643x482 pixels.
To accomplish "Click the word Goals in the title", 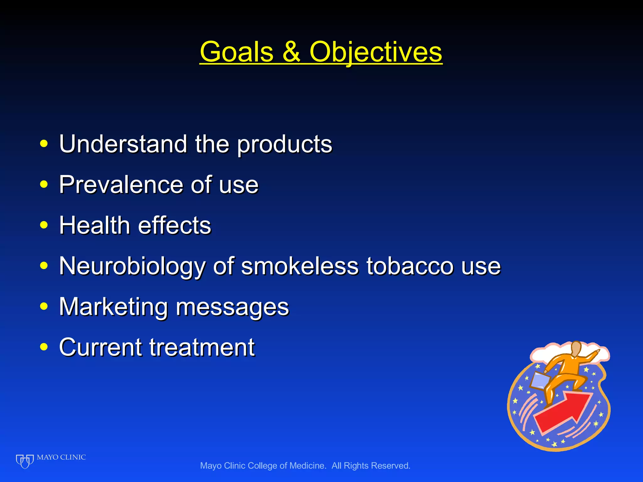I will click(236, 52).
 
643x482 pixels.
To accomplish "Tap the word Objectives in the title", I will click(376, 52).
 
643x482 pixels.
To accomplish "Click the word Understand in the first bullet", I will click(123, 144).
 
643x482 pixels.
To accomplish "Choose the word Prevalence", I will click(121, 185).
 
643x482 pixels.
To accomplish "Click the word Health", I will click(95, 225).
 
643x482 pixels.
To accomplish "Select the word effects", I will click(175, 225).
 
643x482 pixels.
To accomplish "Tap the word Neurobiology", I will click(132, 266).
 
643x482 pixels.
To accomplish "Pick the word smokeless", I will click(300, 266).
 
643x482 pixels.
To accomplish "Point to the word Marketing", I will click(113, 307).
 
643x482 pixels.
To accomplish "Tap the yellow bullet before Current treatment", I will click(44, 347).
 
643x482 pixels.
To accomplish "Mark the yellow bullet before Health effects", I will click(44, 225).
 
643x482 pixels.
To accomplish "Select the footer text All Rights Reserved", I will click(371, 466).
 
